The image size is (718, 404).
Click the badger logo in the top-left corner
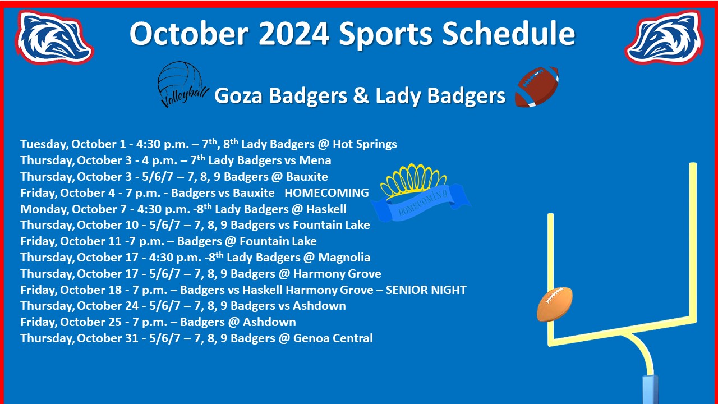[54, 37]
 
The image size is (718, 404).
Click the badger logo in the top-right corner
[664, 37]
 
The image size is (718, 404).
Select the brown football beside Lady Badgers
[537, 86]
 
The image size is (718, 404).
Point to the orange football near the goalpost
[555, 304]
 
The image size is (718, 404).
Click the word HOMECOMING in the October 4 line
[326, 193]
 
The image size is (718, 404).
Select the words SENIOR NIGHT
[426, 290]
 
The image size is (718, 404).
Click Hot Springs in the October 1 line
[365, 144]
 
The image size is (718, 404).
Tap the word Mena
[315, 160]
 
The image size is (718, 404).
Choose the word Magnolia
[344, 258]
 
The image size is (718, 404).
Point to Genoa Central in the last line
[333, 338]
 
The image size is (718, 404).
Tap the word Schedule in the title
[508, 33]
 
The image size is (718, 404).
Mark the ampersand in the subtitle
[361, 95]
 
